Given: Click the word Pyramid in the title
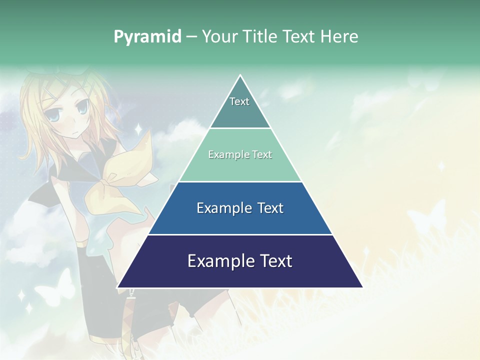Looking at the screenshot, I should [x=147, y=37].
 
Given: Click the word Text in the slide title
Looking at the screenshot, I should [x=299, y=37].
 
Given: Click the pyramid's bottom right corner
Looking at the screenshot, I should [x=362, y=287].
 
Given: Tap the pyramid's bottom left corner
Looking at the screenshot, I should [x=118, y=287].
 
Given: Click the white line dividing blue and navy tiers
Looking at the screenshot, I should [x=240, y=234].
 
